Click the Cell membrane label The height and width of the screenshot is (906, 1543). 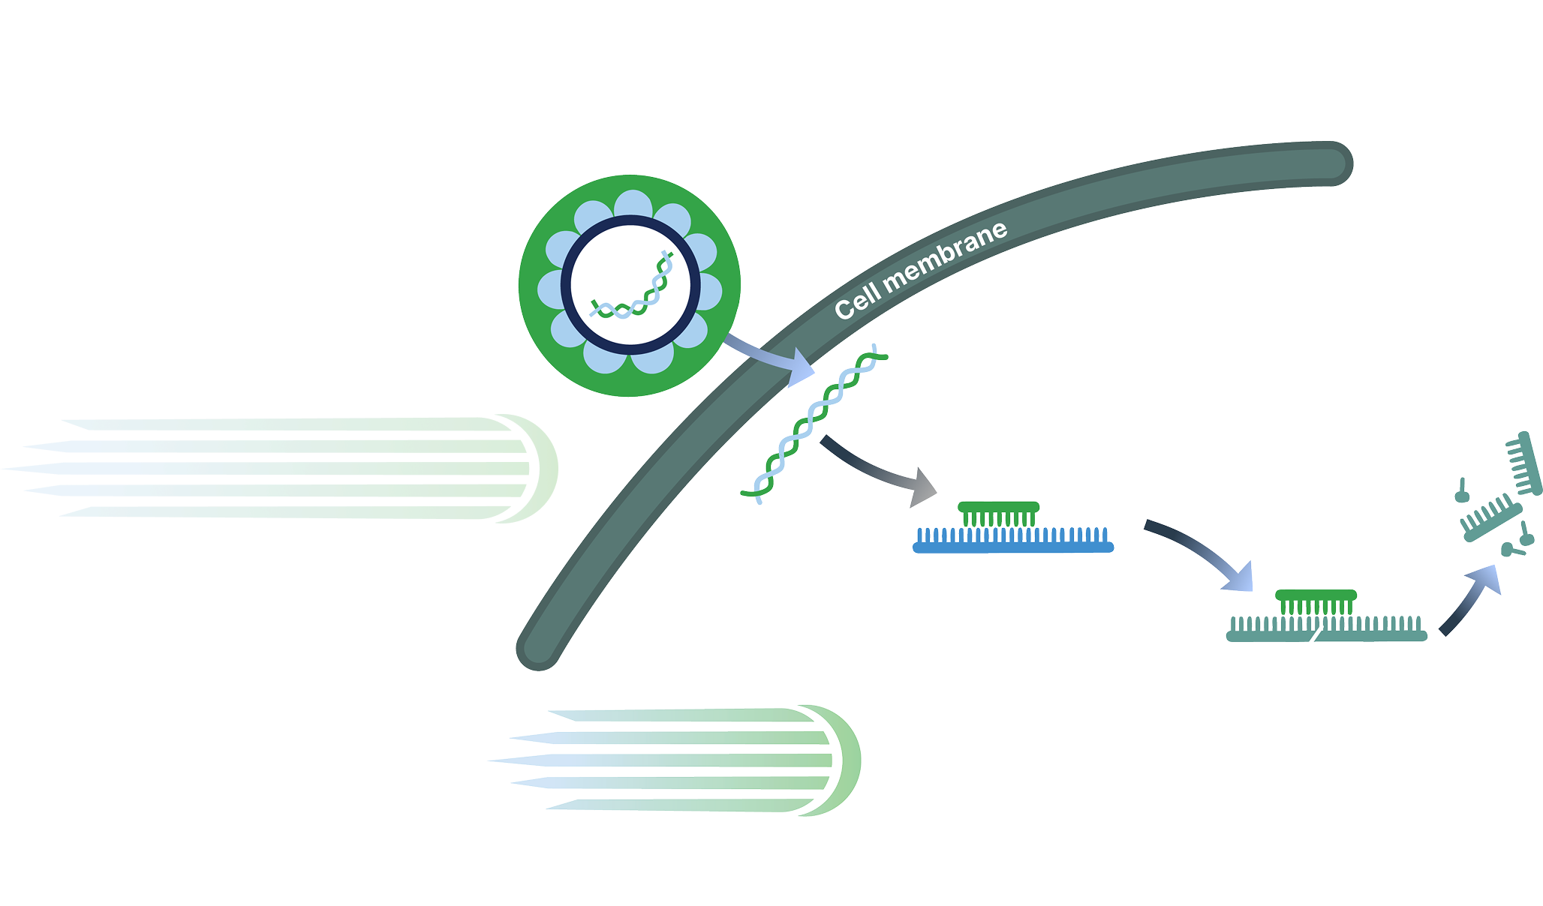click(x=921, y=270)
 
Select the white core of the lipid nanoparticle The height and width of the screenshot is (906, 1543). click(x=630, y=285)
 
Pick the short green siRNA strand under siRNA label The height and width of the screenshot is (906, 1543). click(x=999, y=507)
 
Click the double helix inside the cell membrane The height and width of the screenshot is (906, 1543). click(x=814, y=424)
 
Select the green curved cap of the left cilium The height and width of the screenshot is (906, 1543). click(x=545, y=468)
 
